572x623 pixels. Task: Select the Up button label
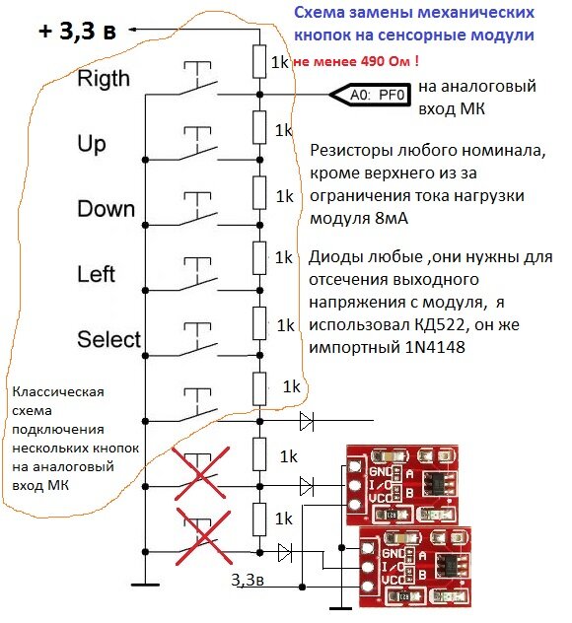[92, 144]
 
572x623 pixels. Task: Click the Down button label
[105, 209]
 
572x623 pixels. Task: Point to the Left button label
[96, 274]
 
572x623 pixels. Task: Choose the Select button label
[108, 339]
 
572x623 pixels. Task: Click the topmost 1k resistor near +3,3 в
[259, 61]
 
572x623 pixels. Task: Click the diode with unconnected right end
[306, 422]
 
